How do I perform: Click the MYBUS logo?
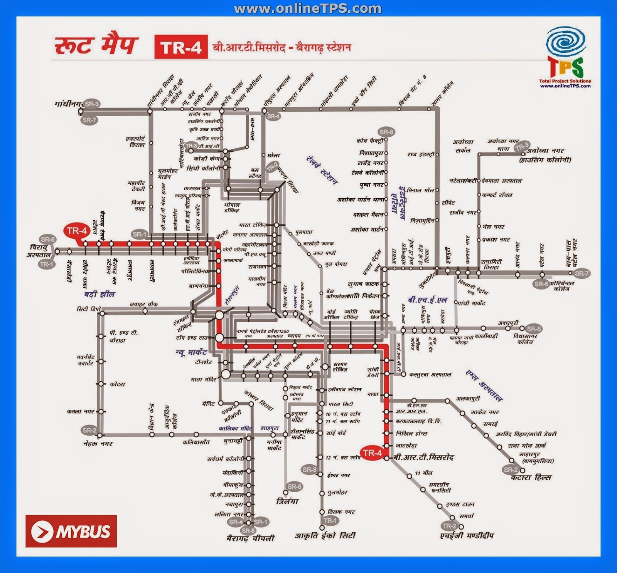pos(71,531)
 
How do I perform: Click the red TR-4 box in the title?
pos(181,47)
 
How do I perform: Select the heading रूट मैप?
pos(96,46)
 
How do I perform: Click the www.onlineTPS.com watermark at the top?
pos(308,8)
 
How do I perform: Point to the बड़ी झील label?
pos(99,294)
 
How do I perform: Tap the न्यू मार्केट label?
pos(191,352)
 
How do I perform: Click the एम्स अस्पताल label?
pos(484,385)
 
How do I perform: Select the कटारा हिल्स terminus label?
pos(531,477)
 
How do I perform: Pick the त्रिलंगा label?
pos(287,501)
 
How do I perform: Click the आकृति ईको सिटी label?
pos(325,536)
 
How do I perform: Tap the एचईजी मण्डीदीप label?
pos(467,536)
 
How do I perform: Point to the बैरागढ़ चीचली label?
pos(250,538)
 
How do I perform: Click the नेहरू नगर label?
pos(98,444)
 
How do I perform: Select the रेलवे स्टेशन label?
pos(322,170)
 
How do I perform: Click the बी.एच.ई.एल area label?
pos(427,300)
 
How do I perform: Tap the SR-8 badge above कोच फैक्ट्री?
pos(386,132)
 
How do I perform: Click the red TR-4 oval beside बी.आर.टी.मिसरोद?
pos(372,453)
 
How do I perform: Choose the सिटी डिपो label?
pos(89,309)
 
